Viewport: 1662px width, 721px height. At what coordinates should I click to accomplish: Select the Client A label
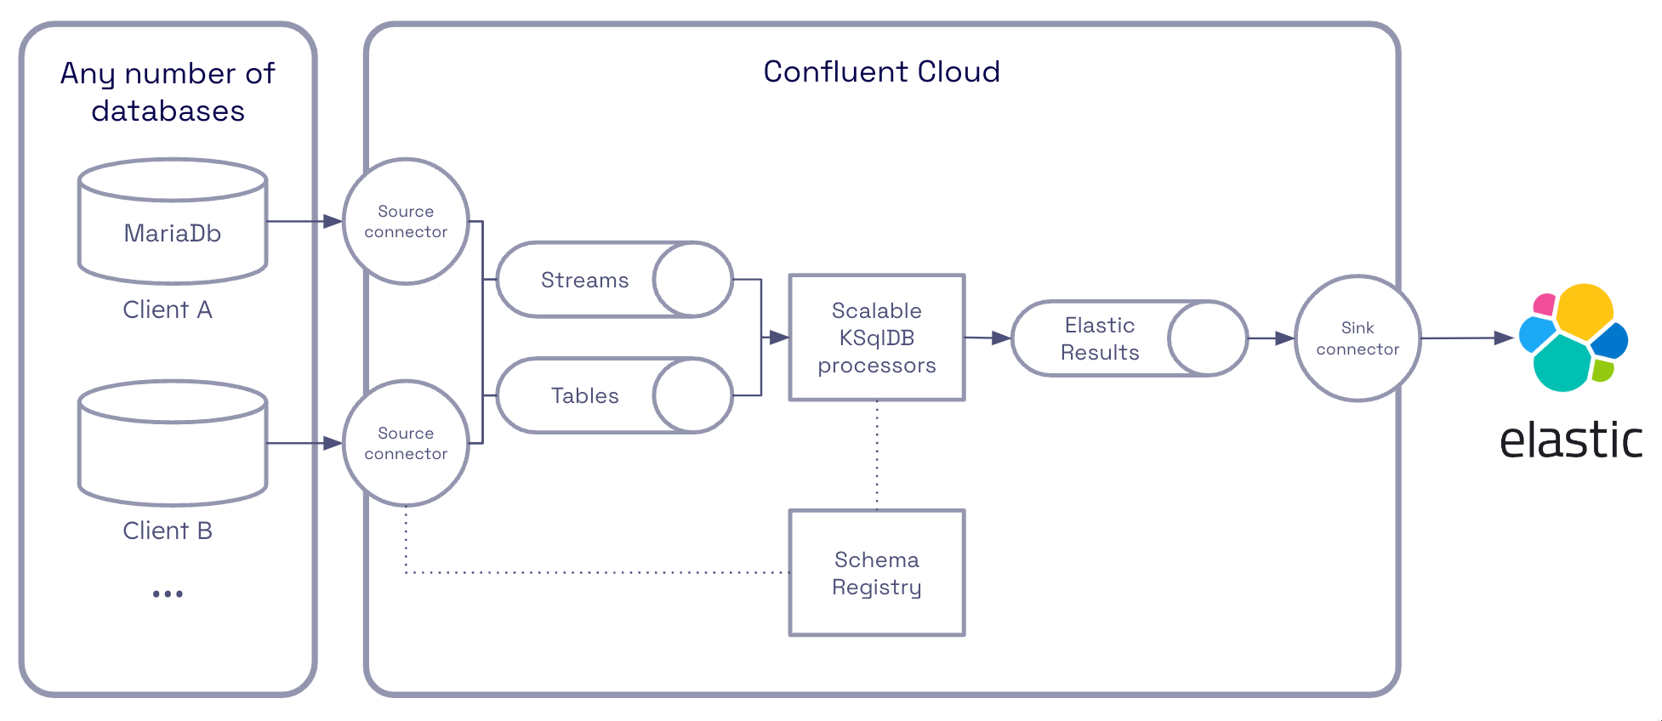168,309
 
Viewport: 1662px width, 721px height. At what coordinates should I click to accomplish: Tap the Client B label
168,531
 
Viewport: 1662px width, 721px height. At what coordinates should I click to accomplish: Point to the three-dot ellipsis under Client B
168,593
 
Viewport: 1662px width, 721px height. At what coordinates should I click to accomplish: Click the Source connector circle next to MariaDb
406,221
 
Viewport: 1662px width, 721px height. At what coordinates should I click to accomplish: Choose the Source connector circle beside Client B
406,443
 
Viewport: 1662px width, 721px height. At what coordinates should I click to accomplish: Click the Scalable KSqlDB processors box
877,338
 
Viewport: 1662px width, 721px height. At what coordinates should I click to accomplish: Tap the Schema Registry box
877,573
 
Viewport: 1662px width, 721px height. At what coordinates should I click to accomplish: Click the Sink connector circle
1357,338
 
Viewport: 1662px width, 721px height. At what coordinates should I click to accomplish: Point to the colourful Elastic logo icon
1573,338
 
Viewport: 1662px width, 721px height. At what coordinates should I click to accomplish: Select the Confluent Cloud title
881,71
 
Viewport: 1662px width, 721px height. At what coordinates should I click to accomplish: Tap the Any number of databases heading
168,92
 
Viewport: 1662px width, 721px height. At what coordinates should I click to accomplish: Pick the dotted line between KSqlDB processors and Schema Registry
877,455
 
